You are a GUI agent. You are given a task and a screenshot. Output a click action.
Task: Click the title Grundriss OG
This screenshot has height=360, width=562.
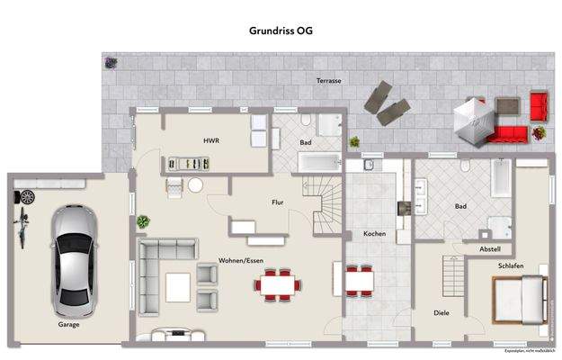click(281, 30)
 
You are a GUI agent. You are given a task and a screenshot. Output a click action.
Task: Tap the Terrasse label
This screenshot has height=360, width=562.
click(328, 81)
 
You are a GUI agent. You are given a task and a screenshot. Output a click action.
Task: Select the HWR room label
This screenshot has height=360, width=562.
click(211, 141)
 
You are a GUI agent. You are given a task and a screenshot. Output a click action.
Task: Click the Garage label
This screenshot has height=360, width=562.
click(69, 324)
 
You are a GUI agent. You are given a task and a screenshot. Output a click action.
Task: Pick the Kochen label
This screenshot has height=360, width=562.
click(374, 234)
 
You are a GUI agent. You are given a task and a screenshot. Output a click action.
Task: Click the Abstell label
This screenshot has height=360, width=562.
click(490, 248)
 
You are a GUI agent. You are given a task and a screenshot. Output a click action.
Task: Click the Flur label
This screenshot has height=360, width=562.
click(278, 203)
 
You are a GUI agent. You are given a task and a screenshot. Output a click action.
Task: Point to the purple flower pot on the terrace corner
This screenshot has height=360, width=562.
click(112, 63)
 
